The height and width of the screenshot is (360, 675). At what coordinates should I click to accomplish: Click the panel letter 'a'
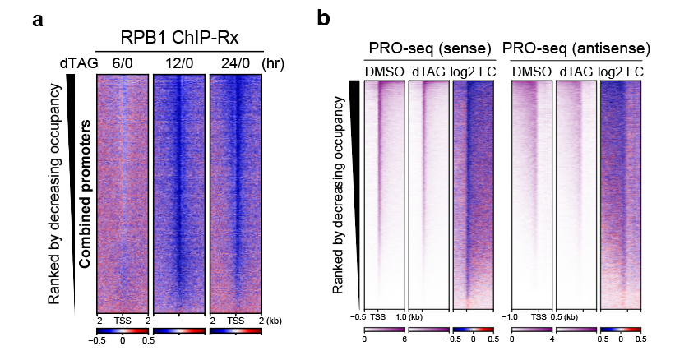(x=38, y=21)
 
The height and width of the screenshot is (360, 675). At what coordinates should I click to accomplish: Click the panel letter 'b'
(x=326, y=18)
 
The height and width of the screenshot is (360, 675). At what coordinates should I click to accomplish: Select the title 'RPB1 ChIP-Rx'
(x=179, y=39)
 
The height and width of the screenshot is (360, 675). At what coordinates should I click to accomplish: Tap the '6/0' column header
(x=123, y=62)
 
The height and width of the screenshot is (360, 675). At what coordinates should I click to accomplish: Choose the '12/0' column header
(x=179, y=62)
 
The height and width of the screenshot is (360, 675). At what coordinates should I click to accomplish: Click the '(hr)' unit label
(x=275, y=62)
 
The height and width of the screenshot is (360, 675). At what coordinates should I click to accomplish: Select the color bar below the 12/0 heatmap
(x=179, y=330)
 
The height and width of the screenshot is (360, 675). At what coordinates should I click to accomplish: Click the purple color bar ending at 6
(x=384, y=330)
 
